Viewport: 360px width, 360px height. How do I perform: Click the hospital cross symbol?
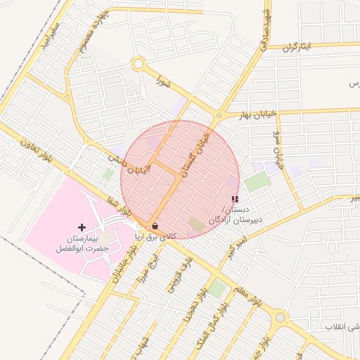pos(82,227)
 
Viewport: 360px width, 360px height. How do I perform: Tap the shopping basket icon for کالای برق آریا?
pos(155,226)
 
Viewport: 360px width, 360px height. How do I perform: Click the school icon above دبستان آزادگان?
pos(234,200)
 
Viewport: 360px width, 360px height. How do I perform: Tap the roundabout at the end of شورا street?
pos(138,65)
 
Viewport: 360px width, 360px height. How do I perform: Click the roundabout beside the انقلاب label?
pos(281,318)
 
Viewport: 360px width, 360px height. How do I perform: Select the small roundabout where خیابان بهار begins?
pos(219,115)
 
